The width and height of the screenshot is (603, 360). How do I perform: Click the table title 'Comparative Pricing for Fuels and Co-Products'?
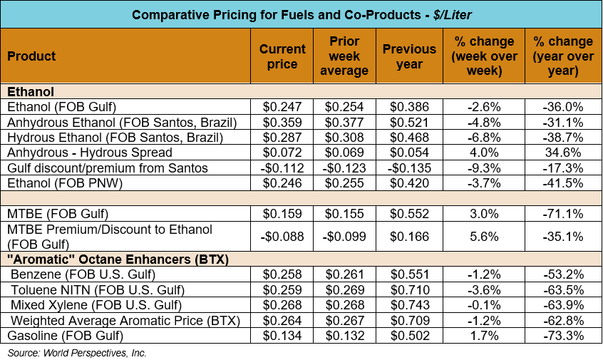[301, 14]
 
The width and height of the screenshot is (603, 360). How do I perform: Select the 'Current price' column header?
[282, 56]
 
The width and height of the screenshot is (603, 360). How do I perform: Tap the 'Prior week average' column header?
[344, 56]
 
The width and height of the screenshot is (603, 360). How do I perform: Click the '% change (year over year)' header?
[563, 56]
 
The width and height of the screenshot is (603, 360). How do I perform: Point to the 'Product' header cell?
[32, 56]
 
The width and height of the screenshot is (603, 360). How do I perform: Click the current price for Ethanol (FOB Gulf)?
[282, 107]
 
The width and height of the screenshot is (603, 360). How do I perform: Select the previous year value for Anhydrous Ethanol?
[409, 122]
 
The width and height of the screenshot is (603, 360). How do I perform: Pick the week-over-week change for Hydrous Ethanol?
[484, 137]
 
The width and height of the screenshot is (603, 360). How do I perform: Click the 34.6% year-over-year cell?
[563, 152]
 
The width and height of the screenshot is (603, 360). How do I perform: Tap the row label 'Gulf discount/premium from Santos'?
[107, 168]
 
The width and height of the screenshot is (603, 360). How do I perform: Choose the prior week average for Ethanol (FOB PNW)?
[344, 182]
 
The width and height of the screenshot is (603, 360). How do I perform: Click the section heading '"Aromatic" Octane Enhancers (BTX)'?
[118, 259]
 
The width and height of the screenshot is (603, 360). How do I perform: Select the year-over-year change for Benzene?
[563, 274]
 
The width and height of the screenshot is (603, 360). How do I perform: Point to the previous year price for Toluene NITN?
[409, 289]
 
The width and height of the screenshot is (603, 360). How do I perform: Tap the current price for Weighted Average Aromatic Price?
[282, 319]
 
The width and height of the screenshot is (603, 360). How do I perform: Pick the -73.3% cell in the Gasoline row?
[563, 334]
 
